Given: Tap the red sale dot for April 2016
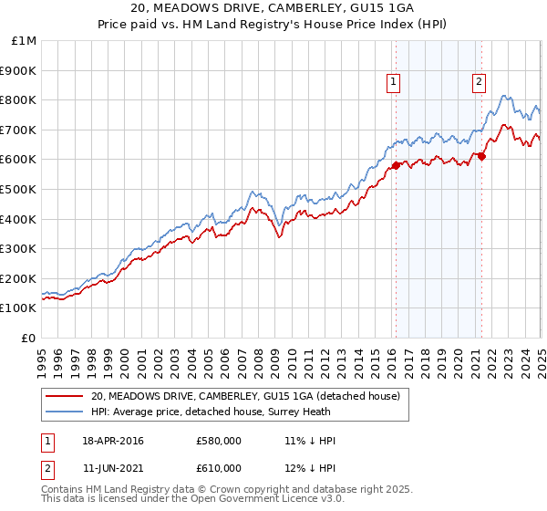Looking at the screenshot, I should [x=396, y=165].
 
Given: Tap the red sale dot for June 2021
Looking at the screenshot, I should [x=482, y=156].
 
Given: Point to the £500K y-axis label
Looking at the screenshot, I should [x=18, y=189].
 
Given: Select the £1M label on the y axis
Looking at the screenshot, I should [x=26, y=40].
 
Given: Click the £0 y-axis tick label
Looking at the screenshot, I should [x=29, y=338].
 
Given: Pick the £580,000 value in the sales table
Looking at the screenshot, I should [x=219, y=441].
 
